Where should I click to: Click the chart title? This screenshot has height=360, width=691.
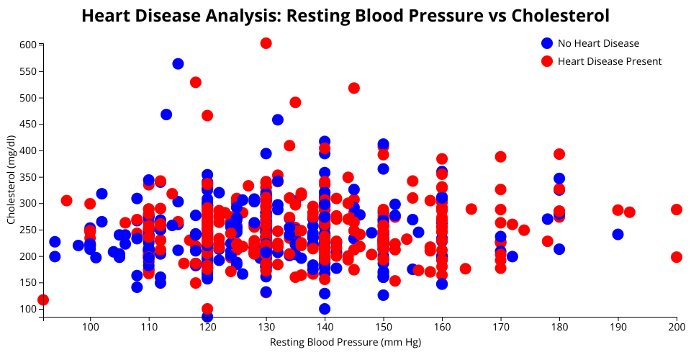345,16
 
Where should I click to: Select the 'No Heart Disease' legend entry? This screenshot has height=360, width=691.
598,43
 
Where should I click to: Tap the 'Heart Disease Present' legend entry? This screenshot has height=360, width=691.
609,61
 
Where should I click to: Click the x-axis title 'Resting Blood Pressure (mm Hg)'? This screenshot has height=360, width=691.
345,342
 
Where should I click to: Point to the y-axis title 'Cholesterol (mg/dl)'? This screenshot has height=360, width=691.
11,179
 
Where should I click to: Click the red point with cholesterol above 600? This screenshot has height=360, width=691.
266,43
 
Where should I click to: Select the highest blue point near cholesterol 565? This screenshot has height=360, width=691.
178,64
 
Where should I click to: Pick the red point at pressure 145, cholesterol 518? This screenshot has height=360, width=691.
354,88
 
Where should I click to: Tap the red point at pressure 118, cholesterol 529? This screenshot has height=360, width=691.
196,82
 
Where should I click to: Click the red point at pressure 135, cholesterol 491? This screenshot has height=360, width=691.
295,102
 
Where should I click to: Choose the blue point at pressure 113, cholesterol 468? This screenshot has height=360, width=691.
166,114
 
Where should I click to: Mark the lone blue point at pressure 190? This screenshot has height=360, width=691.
618,235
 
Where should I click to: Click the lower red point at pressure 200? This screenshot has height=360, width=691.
677,257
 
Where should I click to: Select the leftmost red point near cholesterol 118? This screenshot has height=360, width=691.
43,300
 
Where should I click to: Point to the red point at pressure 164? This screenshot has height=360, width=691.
465,269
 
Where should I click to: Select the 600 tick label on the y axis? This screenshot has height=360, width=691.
28,45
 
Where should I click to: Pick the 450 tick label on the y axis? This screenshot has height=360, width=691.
28,124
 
